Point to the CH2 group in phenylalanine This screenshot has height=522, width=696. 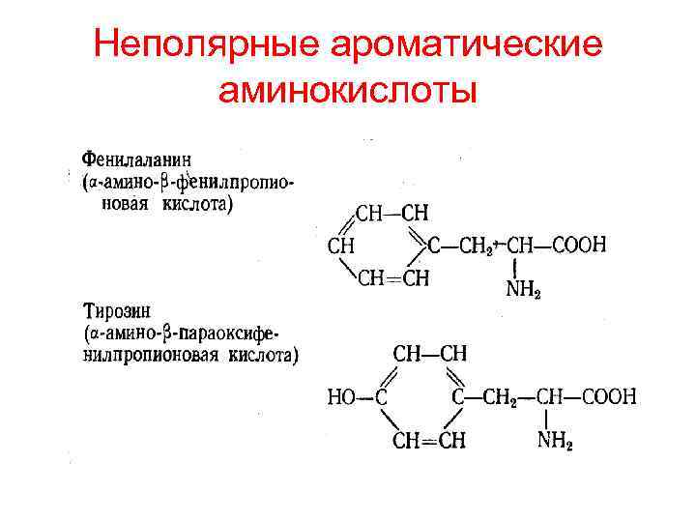[x=475, y=246]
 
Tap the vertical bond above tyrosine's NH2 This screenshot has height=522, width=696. [x=547, y=420]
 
